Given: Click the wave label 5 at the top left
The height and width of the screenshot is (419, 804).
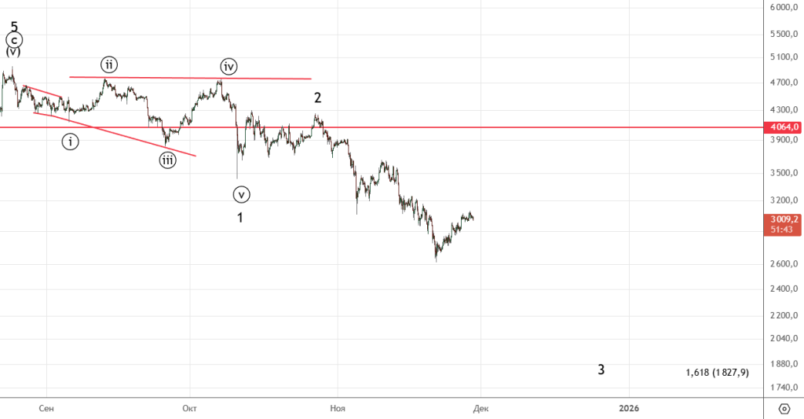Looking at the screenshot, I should click(14, 26).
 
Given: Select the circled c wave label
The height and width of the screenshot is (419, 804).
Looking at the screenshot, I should click(14, 39).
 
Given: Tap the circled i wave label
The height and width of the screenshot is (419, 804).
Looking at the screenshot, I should click(71, 142).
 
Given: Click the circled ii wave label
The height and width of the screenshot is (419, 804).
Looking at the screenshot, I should click(108, 64).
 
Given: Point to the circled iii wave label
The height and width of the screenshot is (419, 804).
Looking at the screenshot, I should click(167, 160).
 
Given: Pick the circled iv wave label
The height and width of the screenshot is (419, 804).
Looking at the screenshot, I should click(228, 66).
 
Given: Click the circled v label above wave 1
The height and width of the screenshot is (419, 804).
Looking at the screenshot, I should click(241, 193).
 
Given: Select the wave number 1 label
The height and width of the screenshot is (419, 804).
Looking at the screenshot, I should click(240, 217).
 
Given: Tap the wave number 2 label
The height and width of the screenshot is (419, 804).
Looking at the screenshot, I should click(317, 98).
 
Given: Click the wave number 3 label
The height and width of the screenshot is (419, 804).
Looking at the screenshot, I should click(601, 369).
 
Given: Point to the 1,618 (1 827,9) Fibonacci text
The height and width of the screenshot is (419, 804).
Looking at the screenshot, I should click(717, 373).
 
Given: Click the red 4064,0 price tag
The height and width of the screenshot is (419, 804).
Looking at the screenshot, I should click(784, 127).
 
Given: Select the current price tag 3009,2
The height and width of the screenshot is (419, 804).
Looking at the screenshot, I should click(784, 219).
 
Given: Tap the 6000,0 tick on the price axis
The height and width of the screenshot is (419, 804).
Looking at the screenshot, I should click(784, 8).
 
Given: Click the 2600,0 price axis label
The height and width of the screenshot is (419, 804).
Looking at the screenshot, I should click(784, 264).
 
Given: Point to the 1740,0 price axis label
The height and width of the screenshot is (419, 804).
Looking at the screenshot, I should click(784, 388).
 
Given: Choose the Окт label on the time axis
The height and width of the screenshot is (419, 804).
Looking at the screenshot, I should click(188, 408).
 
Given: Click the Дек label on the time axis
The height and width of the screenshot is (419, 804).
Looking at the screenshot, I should click(481, 408).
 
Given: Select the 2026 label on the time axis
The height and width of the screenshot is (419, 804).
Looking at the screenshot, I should click(628, 408).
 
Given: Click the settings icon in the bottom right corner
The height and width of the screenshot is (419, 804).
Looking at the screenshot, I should click(784, 408).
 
